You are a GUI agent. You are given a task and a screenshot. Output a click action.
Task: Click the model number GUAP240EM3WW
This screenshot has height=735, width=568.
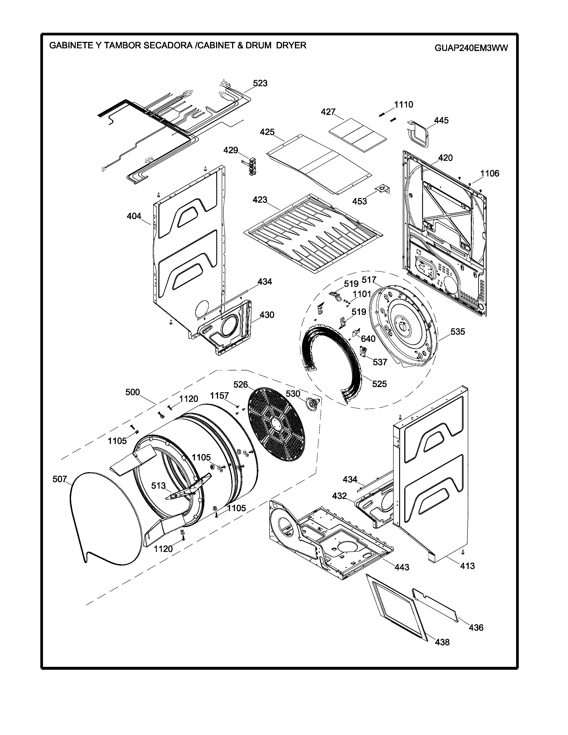[471, 48]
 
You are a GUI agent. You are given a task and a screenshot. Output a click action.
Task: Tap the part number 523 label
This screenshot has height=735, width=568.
[260, 83]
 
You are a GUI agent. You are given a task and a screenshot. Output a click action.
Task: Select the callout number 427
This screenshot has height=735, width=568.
[328, 112]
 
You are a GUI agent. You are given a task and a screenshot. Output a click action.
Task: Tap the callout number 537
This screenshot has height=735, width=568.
[380, 362]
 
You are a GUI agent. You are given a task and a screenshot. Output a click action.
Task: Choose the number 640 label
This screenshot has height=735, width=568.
[368, 339]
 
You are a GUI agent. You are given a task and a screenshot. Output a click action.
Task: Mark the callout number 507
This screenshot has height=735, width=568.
[60, 479]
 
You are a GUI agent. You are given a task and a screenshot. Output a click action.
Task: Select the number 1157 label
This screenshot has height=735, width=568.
[219, 396]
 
